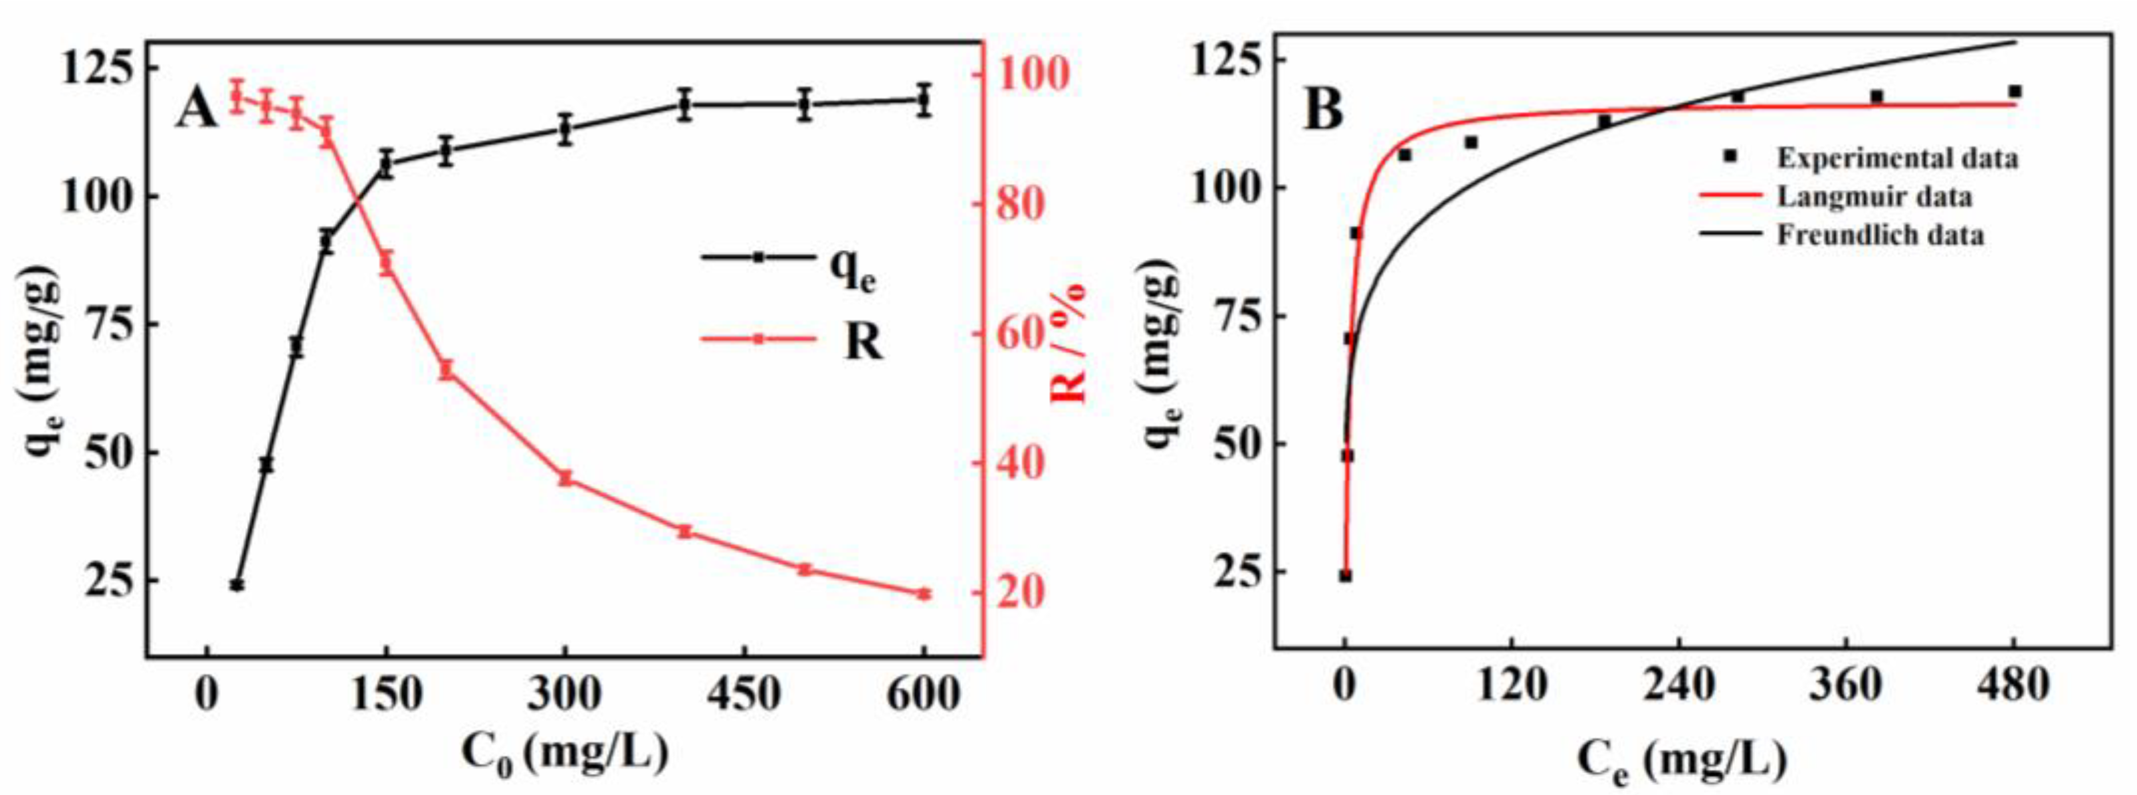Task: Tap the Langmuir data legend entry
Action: [x=1873, y=197]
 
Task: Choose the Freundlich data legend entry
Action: [x=1880, y=235]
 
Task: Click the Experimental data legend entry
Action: [x=1896, y=158]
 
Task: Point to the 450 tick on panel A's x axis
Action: [x=744, y=694]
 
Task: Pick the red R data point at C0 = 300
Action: [x=565, y=478]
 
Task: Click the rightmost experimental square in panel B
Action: [x=2014, y=91]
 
